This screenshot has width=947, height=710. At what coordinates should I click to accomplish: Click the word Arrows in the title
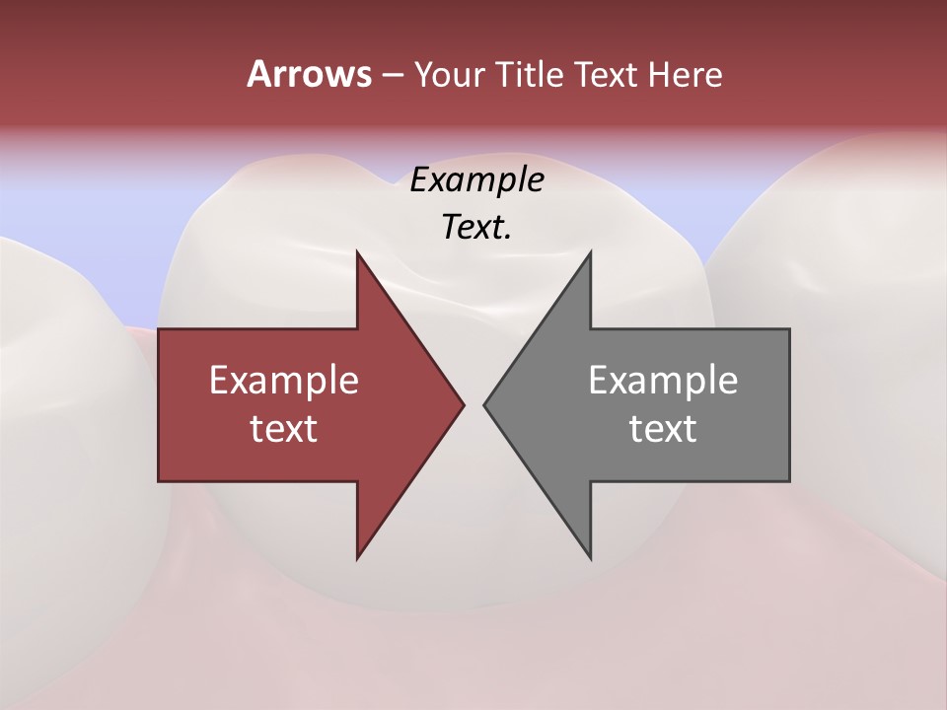pos(308,74)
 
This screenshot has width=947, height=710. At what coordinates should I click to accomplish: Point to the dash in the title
pos(392,75)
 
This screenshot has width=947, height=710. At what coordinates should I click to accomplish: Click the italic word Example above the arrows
pos(476,180)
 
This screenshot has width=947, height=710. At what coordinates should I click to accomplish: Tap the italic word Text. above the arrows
pos(476,228)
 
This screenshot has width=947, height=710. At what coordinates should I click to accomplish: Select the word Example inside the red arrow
pos(284,380)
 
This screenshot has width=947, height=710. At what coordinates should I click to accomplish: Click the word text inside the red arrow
pos(284,428)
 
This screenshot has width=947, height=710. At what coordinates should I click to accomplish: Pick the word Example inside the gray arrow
pos(663,380)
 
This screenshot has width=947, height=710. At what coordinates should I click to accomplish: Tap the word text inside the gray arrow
pos(663,428)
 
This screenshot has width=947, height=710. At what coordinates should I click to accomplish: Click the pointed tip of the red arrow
pos(463,404)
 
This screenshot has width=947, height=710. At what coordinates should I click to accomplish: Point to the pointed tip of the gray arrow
pos(485,404)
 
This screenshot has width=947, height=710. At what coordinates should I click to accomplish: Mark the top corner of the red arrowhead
pos(357,252)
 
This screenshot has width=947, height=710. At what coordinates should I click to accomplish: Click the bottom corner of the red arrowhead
pos(357,558)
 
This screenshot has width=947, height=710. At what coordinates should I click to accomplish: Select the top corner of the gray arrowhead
pos(590,252)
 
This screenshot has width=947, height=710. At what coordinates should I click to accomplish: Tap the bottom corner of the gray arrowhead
pos(590,558)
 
